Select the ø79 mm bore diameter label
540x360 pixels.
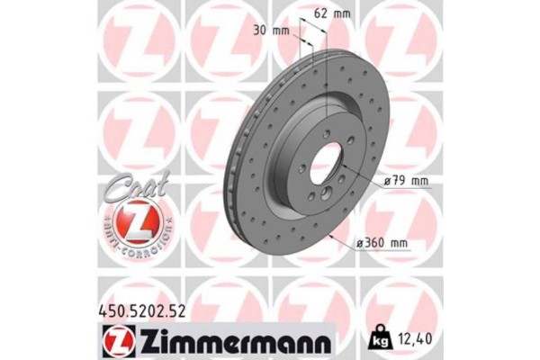[x=403, y=181]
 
